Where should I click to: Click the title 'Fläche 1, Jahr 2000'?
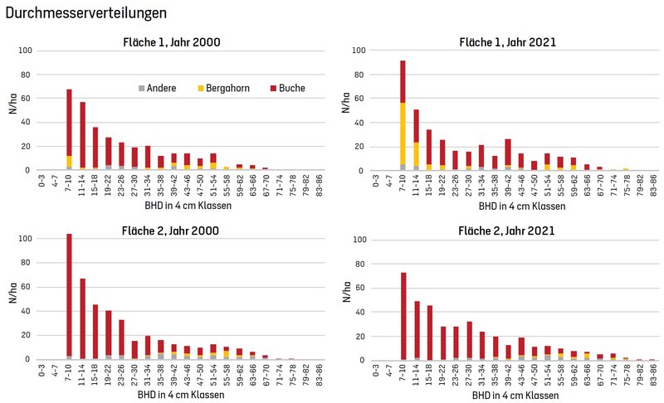[x=173, y=43]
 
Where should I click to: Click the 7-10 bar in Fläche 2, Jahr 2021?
[x=403, y=316]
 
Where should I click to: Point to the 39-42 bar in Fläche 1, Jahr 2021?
[x=508, y=154]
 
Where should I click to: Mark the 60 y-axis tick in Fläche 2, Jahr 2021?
[x=361, y=287]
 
